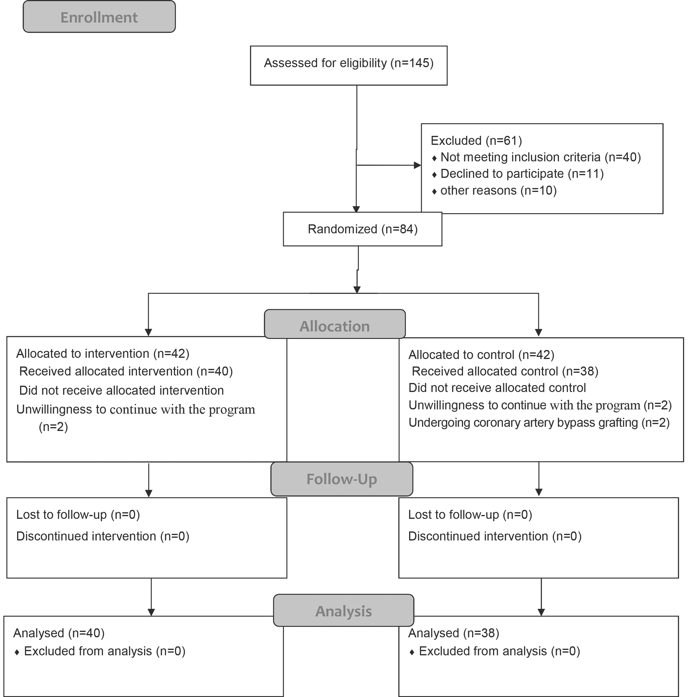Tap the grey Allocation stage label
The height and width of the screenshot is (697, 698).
(335, 324)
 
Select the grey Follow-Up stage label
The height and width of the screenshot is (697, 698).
(342, 479)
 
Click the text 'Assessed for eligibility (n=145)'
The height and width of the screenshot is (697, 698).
(349, 63)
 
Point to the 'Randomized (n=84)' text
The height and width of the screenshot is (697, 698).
(363, 229)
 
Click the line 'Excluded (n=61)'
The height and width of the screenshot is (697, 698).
(477, 140)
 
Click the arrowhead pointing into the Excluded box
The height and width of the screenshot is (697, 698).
(418, 165)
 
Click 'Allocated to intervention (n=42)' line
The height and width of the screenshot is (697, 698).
(103, 353)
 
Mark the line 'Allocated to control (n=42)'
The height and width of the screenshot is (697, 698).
(481, 354)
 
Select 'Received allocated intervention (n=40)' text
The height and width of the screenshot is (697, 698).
(126, 371)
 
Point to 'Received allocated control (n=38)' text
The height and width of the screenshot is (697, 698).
(505, 371)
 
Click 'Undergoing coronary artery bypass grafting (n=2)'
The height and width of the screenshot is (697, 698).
(539, 422)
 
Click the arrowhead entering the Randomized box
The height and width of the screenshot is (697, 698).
(356, 209)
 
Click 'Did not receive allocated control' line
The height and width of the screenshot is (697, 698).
(497, 387)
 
